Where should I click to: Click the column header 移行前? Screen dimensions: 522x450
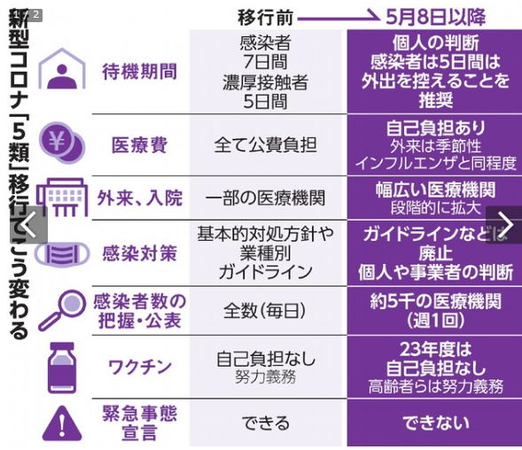click(x=265, y=18)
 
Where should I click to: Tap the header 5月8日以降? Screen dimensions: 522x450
click(x=435, y=17)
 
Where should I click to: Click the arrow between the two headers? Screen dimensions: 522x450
click(x=339, y=17)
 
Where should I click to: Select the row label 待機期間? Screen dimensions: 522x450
click(x=139, y=72)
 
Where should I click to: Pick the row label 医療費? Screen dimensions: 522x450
click(x=139, y=145)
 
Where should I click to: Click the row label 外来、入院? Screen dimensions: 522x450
click(x=140, y=198)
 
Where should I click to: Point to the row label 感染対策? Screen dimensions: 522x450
click(x=139, y=253)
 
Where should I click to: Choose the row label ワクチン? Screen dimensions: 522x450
click(x=140, y=367)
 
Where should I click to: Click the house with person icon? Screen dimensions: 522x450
click(x=62, y=69)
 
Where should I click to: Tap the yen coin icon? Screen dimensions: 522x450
click(x=62, y=143)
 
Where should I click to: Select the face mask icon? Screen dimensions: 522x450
click(x=62, y=254)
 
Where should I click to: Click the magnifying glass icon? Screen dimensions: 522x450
click(x=62, y=310)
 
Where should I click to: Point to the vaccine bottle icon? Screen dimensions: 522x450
click(x=62, y=368)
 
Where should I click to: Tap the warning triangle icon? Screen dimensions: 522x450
click(x=62, y=423)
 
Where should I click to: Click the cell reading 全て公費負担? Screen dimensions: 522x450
click(x=265, y=145)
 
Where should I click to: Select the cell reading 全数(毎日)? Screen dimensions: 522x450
click(x=265, y=311)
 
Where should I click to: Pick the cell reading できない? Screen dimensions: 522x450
click(x=436, y=423)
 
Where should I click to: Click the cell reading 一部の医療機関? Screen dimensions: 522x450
click(x=265, y=198)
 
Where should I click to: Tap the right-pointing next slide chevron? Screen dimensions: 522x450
click(x=505, y=225)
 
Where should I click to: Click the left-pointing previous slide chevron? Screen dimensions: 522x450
click(x=28, y=225)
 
